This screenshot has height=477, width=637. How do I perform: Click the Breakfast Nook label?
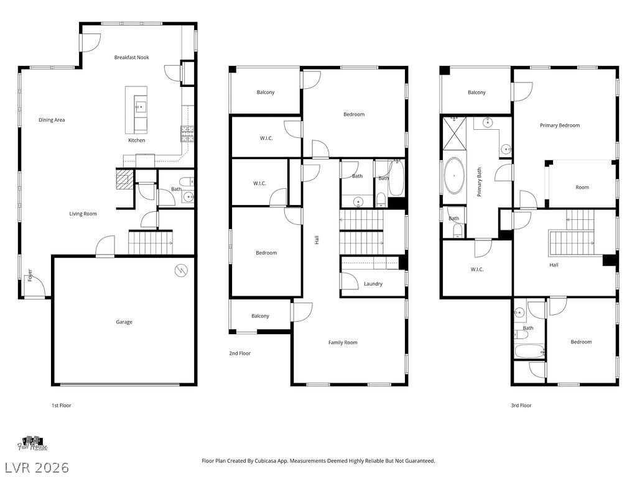click(132, 58)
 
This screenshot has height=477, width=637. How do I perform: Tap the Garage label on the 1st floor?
click(124, 322)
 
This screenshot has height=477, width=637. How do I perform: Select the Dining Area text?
click(52, 120)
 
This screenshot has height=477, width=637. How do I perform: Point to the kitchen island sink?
click(141, 107)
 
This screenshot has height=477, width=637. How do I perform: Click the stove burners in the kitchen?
click(187, 134)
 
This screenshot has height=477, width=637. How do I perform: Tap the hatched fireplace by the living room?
click(124, 179)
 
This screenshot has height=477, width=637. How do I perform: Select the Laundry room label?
click(373, 284)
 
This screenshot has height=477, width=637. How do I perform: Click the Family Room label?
click(343, 343)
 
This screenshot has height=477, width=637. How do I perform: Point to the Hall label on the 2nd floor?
click(317, 240)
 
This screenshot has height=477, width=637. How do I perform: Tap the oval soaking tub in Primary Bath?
click(453, 176)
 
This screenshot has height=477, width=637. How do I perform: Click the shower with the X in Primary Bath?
click(453, 133)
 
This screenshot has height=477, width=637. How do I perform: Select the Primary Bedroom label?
click(560, 125)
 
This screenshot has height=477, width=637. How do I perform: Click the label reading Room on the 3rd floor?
click(582, 188)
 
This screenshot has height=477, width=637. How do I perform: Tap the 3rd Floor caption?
click(521, 405)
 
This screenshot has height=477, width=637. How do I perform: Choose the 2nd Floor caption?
click(239, 353)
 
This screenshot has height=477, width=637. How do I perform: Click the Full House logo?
click(32, 443)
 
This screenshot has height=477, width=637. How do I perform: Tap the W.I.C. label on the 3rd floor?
click(477, 270)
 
